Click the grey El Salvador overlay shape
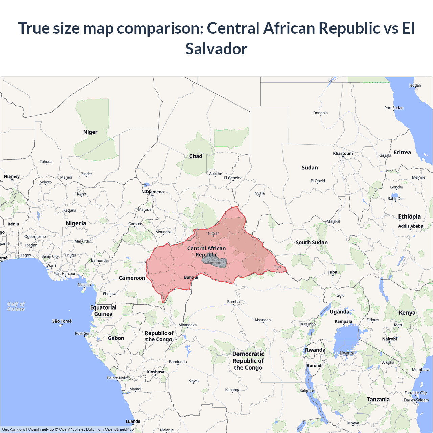click(x=214, y=262)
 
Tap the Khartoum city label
click(x=343, y=153)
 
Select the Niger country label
click(x=90, y=132)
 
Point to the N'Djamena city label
click(x=153, y=192)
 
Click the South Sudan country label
click(x=312, y=242)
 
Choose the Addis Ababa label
click(x=410, y=226)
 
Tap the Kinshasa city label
click(x=155, y=372)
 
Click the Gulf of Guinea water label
click(x=16, y=306)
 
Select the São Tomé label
click(x=62, y=321)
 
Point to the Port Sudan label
click(x=394, y=108)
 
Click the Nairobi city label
click(x=389, y=339)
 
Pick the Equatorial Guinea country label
click(x=103, y=311)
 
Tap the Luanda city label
click(x=133, y=421)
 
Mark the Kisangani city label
click(x=263, y=320)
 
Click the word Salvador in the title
click(x=216, y=49)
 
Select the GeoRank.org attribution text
click(x=14, y=429)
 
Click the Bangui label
click(x=191, y=277)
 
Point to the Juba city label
click(x=333, y=272)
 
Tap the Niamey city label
click(x=12, y=176)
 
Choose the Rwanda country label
click(x=315, y=350)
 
